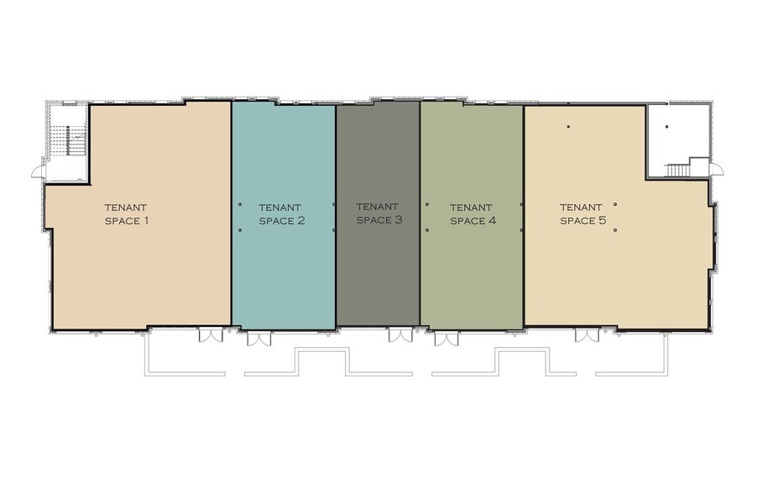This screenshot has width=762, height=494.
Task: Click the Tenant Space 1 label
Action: [x=127, y=214]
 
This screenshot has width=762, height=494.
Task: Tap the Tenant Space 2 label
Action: [x=282, y=214]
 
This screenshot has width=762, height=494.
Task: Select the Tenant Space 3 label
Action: [x=379, y=213]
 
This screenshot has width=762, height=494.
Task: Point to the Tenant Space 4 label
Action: [x=472, y=214]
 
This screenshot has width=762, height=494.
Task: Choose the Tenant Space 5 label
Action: [x=583, y=213]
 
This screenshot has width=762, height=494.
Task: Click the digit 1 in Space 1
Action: [x=145, y=220]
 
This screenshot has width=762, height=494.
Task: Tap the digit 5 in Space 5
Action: [x=603, y=220]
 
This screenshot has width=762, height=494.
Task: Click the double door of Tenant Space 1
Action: [x=211, y=334]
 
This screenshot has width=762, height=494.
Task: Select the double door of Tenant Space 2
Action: [x=259, y=339]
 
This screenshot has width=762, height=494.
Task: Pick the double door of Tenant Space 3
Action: [x=400, y=334]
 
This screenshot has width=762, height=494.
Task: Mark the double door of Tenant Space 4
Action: [x=446, y=339]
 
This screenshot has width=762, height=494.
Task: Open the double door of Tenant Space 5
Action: [x=587, y=335]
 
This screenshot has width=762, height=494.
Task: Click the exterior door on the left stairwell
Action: [x=39, y=171]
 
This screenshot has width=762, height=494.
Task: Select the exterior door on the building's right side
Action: [x=716, y=169]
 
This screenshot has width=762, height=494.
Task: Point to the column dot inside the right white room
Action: [x=666, y=127]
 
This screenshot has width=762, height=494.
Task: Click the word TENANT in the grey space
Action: [x=377, y=207]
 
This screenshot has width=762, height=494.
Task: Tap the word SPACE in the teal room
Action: [x=274, y=221]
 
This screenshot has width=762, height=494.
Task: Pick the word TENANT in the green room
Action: [x=471, y=208]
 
